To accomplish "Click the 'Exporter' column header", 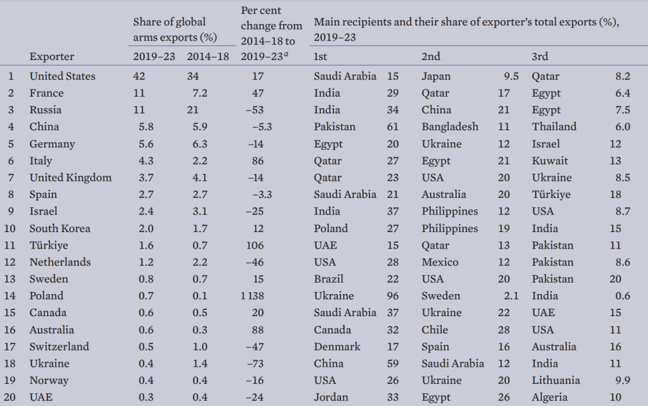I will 52,57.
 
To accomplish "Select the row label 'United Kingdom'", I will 70,178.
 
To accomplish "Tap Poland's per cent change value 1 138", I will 256,296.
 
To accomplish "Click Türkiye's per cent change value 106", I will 260,245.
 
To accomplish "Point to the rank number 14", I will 11,296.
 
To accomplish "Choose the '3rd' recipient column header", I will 539,57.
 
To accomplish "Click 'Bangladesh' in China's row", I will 450,127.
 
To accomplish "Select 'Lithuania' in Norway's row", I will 556,381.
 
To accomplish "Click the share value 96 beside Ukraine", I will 392,296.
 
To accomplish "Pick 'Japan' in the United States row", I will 436,77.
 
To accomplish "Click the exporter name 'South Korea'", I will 60,228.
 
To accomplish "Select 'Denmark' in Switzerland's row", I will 337,347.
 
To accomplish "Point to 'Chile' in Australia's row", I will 435,329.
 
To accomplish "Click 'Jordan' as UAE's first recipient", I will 330,398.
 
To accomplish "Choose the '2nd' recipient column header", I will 430,57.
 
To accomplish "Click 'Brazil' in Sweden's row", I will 328,279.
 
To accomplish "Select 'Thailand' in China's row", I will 554,127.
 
